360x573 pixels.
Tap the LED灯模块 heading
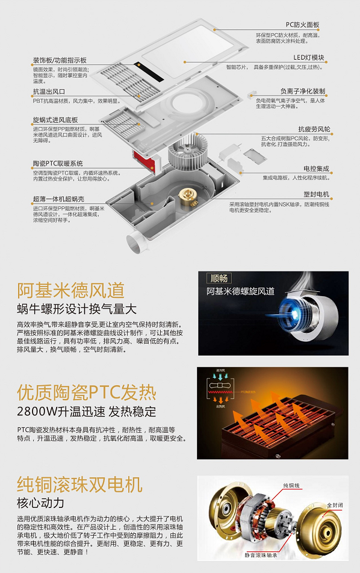click(309, 58)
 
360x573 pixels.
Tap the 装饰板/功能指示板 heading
click(60, 60)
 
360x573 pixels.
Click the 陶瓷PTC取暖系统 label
click(58, 164)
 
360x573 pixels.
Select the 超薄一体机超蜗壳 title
click(58, 199)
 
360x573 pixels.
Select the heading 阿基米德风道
click(70, 290)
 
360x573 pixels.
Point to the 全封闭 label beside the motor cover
click(334, 504)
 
